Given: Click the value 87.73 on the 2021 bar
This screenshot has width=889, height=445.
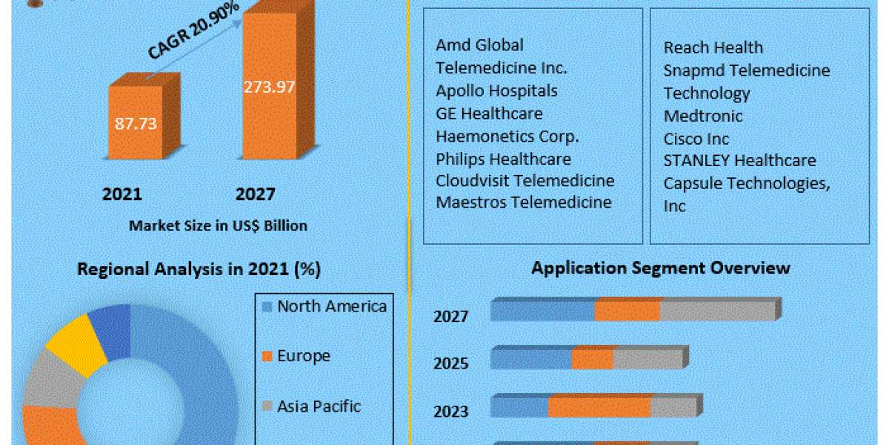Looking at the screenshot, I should [x=136, y=123].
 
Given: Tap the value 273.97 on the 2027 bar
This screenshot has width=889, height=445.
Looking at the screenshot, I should [x=270, y=87].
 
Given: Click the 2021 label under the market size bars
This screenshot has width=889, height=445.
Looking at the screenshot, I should [x=121, y=194].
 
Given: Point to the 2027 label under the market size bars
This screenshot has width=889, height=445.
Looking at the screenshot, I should [x=256, y=194].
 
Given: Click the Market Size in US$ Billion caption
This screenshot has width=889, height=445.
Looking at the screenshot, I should [x=218, y=225].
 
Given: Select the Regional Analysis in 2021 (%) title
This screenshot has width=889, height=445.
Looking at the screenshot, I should [x=199, y=270].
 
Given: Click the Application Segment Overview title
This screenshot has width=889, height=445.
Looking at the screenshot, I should [x=661, y=267].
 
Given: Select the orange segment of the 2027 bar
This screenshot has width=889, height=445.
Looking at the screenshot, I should [x=627, y=311].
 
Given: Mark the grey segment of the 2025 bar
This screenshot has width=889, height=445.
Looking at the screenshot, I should [x=647, y=359].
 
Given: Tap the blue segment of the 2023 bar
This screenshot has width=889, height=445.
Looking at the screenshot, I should [x=519, y=407].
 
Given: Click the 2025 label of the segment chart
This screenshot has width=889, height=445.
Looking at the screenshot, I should [x=450, y=363].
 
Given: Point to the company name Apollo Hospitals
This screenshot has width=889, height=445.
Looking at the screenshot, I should [x=496, y=90].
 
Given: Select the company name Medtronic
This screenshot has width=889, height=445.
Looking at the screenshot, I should [x=702, y=116].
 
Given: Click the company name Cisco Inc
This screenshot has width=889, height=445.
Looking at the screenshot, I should [x=696, y=139].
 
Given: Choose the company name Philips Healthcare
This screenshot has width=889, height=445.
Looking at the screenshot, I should [x=503, y=159].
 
